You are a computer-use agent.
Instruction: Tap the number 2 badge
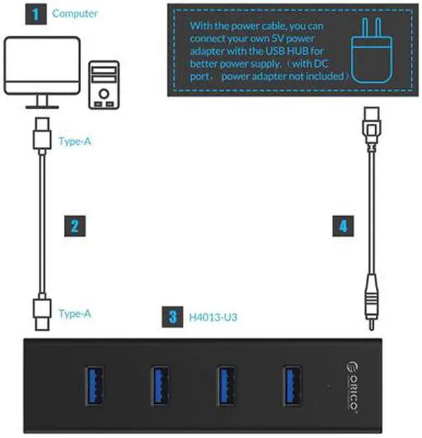click(x=74, y=226)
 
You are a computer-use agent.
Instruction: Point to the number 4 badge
click(x=342, y=226)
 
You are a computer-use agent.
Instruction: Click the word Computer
click(x=75, y=13)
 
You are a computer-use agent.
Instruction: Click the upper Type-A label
click(x=74, y=140)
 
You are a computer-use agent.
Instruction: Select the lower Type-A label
click(x=74, y=314)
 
